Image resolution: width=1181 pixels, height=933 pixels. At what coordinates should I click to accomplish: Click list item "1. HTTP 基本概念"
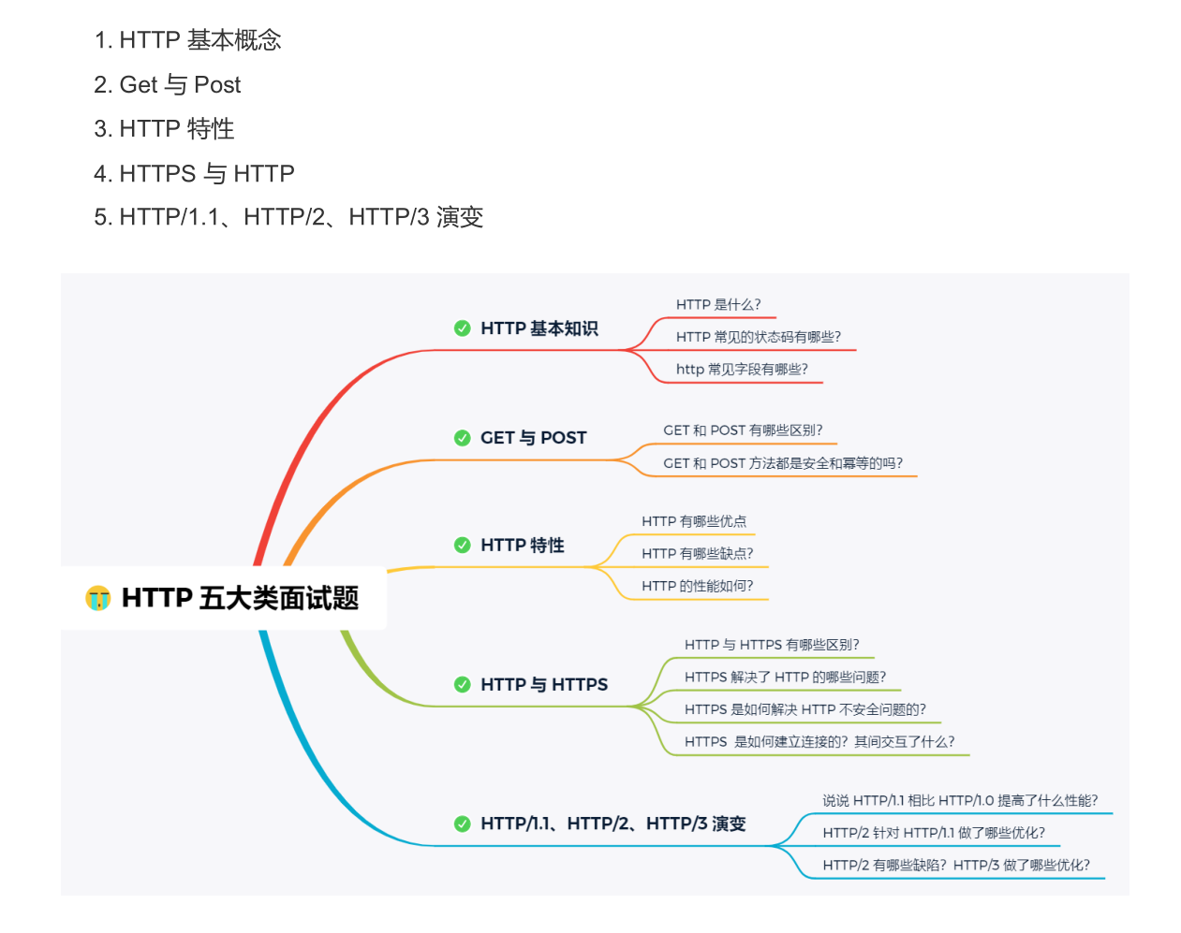click(x=187, y=40)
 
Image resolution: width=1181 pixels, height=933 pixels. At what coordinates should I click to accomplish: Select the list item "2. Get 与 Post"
click(x=168, y=85)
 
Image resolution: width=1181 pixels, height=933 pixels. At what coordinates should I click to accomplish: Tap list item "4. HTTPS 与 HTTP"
click(x=194, y=173)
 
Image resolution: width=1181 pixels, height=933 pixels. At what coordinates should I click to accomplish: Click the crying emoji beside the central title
click(x=98, y=598)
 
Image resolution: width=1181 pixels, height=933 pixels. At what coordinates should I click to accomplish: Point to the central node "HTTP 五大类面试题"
click(x=240, y=598)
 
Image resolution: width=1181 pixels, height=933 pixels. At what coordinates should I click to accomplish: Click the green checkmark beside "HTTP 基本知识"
click(x=463, y=328)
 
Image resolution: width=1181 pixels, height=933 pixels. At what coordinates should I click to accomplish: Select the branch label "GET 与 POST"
click(x=533, y=438)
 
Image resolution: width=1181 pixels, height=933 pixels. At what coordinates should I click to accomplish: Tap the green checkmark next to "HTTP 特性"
click(x=463, y=546)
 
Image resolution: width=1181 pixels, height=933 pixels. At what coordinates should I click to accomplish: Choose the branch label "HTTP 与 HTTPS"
click(x=544, y=685)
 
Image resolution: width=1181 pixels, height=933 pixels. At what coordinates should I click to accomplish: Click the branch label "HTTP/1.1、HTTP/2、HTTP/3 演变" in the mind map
click(x=613, y=824)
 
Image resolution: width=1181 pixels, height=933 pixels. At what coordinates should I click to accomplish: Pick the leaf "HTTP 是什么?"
click(x=718, y=305)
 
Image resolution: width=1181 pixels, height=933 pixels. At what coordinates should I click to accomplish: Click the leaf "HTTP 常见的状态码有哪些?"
click(x=759, y=337)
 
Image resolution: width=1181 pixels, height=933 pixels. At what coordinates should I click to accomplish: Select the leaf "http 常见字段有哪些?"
click(x=742, y=370)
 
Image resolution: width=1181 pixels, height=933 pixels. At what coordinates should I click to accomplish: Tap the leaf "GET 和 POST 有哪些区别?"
click(x=743, y=430)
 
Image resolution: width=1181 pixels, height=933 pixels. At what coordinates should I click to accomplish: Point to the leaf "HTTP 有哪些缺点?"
click(x=697, y=554)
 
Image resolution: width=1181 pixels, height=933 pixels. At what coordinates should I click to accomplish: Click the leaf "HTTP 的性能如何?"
click(x=697, y=587)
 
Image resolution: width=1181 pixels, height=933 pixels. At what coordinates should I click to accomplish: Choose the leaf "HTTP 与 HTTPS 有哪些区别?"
click(x=772, y=645)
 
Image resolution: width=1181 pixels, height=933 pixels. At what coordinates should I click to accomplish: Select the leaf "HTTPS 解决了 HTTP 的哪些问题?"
click(x=785, y=678)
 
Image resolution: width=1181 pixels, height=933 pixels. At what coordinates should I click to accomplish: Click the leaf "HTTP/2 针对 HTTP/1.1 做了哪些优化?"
click(x=934, y=833)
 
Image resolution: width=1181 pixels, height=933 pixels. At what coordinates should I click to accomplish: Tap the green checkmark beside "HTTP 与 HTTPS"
click(x=463, y=685)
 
